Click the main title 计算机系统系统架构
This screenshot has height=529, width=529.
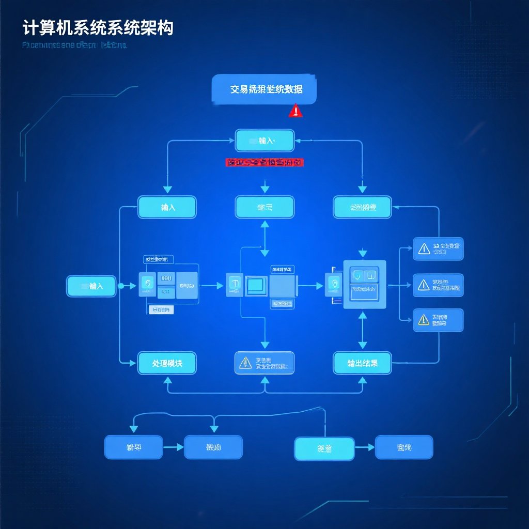click(98, 27)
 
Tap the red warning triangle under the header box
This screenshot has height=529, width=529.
click(295, 111)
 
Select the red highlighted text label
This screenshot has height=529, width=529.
click(264, 163)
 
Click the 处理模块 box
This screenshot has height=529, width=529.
click(167, 363)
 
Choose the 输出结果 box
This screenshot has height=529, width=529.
click(362, 363)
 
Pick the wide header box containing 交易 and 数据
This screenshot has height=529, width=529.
click(264, 89)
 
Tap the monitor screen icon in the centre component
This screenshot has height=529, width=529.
click(256, 285)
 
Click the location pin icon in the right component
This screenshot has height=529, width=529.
click(334, 284)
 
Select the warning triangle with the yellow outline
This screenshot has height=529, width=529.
click(424, 320)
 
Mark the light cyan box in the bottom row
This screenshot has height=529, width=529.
click(324, 448)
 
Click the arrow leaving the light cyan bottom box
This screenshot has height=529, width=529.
click(365, 448)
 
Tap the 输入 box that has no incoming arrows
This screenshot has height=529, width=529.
click(91, 286)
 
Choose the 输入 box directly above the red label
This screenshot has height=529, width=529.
click(264, 141)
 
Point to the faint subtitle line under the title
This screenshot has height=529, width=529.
click(75, 45)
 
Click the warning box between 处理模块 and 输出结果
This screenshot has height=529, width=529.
click(264, 363)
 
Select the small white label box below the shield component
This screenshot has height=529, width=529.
click(161, 310)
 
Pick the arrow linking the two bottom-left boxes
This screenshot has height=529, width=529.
click(174, 447)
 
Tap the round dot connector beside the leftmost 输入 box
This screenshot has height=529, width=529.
click(120, 286)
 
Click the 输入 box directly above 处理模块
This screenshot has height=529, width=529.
click(167, 207)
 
